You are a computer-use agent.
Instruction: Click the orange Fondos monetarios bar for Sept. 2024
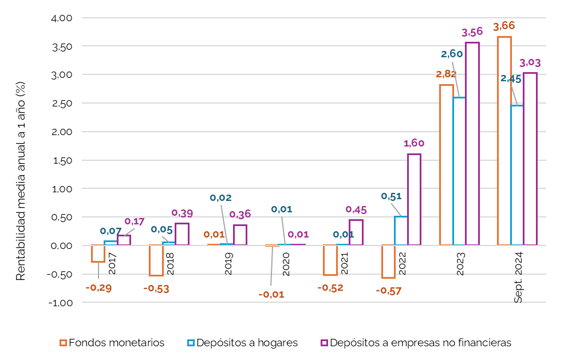coord(504,141)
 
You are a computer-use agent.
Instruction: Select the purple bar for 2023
coord(472,144)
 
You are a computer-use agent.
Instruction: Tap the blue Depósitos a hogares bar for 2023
coord(459,171)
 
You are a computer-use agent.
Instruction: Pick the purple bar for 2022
coord(414,199)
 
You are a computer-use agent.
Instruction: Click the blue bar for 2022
coord(401,231)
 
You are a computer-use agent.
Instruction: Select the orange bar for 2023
coord(446,165)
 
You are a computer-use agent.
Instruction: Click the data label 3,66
coord(504,26)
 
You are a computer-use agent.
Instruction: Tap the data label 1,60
coord(414,143)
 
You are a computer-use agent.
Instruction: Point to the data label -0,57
coord(388,291)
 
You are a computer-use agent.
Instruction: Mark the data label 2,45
coord(511,79)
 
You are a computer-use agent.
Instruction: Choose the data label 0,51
coord(391,196)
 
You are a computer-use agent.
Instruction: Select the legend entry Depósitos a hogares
coord(242,343)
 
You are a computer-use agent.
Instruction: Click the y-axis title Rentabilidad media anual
coord(21,181)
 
